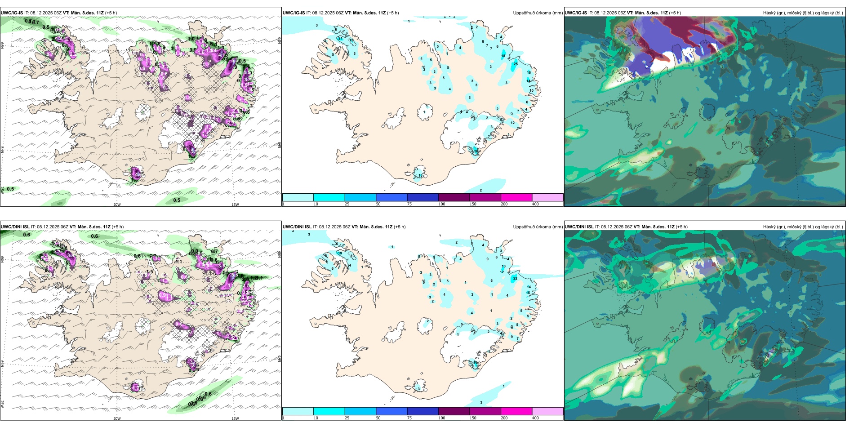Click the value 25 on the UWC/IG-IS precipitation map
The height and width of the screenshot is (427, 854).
coord(516,64)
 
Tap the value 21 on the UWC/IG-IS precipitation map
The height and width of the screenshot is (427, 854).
coord(340,39)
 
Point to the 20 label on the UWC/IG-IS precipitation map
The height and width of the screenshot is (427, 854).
coord(476,151)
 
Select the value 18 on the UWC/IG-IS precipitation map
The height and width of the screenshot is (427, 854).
coord(503,56)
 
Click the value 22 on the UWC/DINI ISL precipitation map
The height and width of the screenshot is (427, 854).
coord(515,278)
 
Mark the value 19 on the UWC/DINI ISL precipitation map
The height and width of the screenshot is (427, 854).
coord(340,254)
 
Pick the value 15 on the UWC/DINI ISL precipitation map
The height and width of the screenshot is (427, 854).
coord(528,293)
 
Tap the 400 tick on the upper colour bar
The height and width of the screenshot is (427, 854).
coord(535,204)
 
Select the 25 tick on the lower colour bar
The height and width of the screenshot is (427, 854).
coord(347,418)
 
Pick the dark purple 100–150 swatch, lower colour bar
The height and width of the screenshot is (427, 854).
coord(454,411)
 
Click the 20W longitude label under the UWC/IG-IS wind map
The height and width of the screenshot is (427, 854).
coord(117,205)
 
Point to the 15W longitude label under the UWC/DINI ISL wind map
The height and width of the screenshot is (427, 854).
coord(235,418)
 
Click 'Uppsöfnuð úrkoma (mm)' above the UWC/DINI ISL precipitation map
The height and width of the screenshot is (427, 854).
coord(538,227)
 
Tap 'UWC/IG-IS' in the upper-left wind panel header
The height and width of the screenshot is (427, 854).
coord(12,13)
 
